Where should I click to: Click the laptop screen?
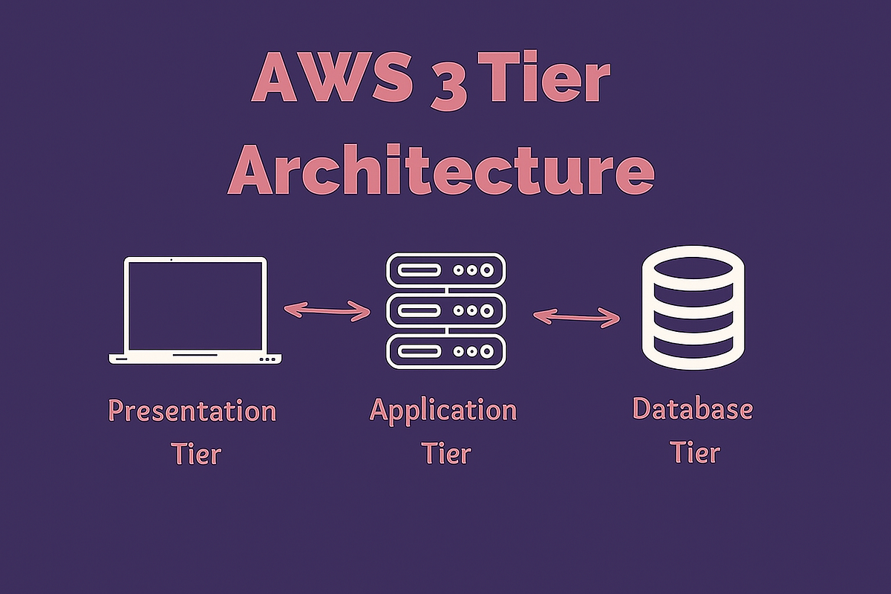pos(195,306)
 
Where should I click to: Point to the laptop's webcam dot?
pos(172,260)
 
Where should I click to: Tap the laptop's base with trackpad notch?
pos(195,358)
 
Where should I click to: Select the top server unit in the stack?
pos(446,270)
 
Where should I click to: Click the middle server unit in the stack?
pos(446,310)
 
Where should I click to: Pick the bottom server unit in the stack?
pos(446,351)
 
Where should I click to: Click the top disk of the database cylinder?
pos(692,264)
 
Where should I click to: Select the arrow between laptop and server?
pos(327,311)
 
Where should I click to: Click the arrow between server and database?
pos(576,316)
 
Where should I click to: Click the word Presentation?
pos(192,411)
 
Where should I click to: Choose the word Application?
pos(443,410)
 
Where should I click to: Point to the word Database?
pos(692,408)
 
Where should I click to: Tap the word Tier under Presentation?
pos(196,453)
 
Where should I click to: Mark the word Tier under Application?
pos(446,452)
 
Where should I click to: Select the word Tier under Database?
pos(696,451)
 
